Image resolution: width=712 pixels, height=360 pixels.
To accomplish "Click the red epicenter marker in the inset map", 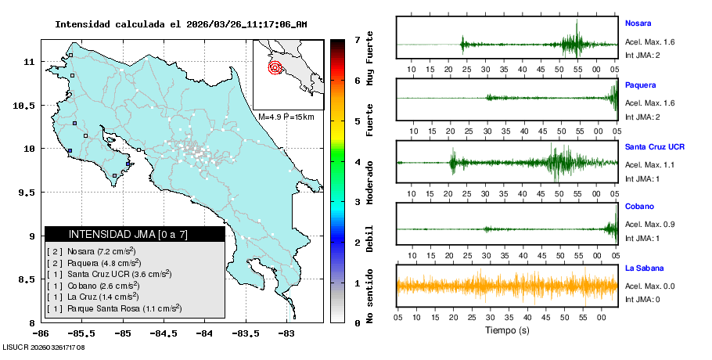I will coord(275,67).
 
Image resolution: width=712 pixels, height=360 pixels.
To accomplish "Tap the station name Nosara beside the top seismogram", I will coord(638,23).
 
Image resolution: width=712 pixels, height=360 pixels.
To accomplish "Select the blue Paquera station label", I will coord(640,85).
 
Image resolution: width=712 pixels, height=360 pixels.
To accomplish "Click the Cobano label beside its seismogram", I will coord(638,207).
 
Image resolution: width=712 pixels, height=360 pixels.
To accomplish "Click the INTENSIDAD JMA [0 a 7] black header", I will coord(135,234).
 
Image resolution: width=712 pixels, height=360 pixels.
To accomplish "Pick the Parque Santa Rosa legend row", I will coord(115,309).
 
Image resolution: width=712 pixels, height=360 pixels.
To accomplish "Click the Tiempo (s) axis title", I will coord(507,330).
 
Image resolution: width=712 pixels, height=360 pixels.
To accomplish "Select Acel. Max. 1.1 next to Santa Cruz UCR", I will coord(649,165).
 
